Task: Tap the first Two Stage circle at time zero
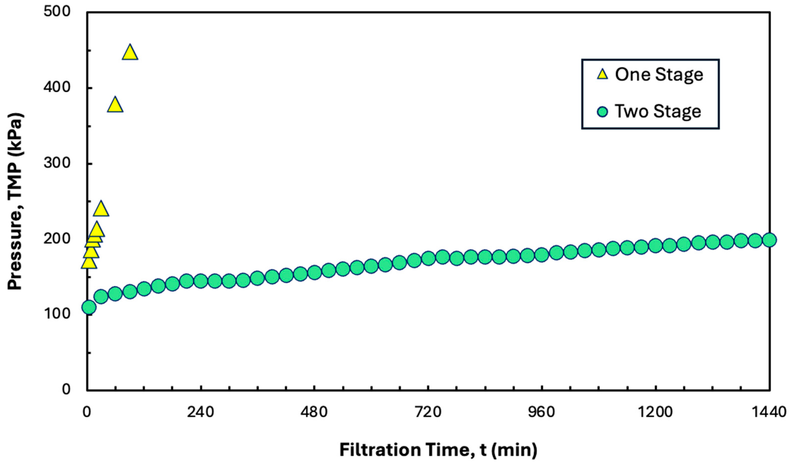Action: pos(89,307)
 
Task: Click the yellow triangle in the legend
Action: pos(603,75)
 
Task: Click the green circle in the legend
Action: pos(603,111)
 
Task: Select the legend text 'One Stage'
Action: pos(659,75)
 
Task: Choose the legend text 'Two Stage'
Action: pos(658,111)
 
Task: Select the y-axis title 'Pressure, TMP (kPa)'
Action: pos(15,201)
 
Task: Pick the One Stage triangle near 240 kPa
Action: pos(101,209)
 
